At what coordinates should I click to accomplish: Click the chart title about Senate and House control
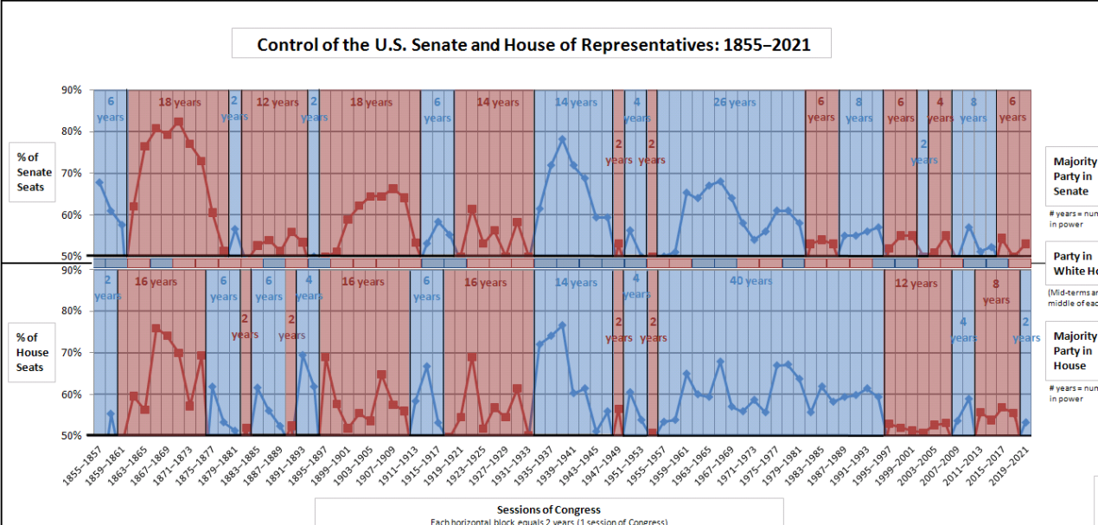click(533, 44)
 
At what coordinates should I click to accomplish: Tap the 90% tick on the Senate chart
click(71, 90)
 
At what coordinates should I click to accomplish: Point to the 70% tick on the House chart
click(71, 353)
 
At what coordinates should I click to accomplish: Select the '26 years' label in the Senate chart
click(732, 102)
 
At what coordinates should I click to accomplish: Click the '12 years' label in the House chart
click(916, 283)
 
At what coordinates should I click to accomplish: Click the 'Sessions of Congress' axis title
click(548, 509)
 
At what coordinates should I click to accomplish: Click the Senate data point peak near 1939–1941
click(562, 138)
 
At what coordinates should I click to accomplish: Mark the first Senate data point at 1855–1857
click(99, 182)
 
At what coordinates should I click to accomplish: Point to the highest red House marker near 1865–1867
click(156, 329)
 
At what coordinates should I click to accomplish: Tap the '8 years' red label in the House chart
click(996, 291)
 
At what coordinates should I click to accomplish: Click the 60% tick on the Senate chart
click(71, 214)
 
